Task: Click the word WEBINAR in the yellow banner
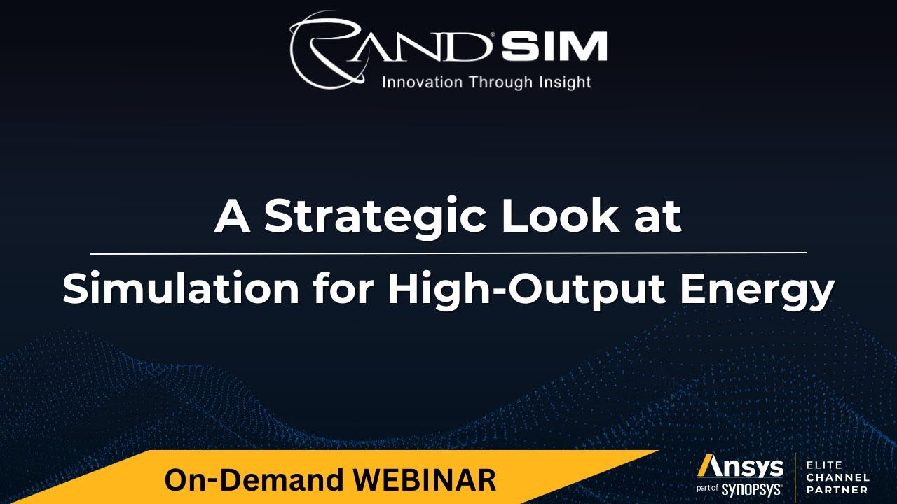pos(425,480)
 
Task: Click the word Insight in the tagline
pos(565,83)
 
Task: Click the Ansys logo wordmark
pos(740,467)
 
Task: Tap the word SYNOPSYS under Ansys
pos(752,489)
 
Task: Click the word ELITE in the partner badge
pos(825,465)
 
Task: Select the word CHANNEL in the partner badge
pos(838,477)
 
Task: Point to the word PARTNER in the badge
pos(837,490)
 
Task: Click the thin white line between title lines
pos(448,253)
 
